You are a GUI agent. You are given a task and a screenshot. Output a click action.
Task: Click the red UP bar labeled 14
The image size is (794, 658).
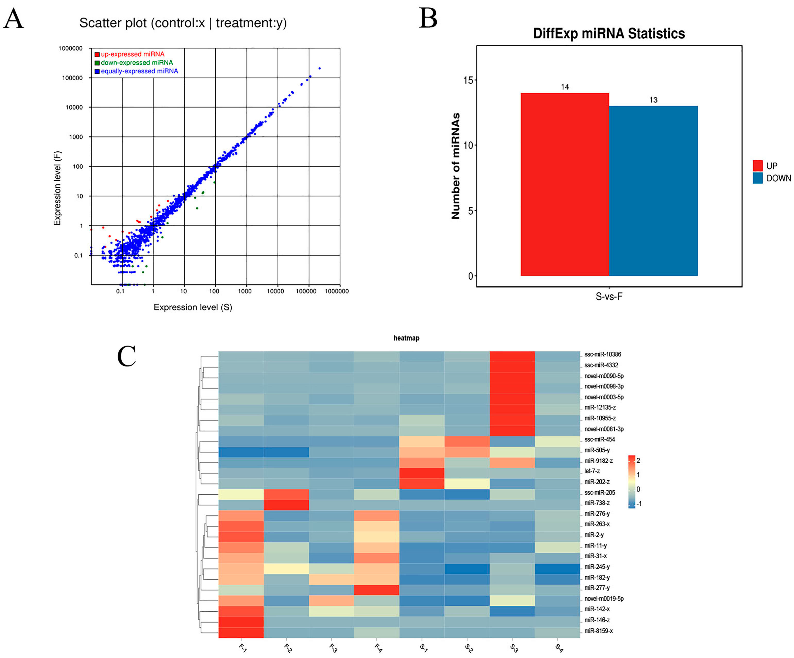tap(565, 184)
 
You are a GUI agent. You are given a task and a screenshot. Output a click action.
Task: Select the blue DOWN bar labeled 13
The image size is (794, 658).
tap(653, 191)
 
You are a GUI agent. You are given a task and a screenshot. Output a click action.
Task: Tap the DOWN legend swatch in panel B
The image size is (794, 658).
tap(757, 178)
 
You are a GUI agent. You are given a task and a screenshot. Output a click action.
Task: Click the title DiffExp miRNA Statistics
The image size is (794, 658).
tap(609, 34)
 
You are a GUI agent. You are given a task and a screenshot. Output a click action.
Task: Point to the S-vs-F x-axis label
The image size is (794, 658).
tap(609, 297)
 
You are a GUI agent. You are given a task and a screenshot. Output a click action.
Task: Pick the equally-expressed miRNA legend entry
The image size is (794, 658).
tap(139, 71)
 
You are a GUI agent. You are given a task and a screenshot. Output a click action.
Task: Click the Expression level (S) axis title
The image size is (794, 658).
tap(193, 307)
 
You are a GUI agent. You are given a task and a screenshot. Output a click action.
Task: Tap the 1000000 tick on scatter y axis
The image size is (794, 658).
tap(70, 48)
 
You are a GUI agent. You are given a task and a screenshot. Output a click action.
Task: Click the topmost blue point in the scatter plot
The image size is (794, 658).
tap(320, 68)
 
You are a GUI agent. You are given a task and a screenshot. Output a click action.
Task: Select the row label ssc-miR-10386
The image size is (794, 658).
tap(602, 354)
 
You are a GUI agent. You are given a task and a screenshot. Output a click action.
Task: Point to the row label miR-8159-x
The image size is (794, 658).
tap(598, 631)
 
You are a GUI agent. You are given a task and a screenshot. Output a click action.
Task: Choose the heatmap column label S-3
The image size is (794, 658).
tap(514, 648)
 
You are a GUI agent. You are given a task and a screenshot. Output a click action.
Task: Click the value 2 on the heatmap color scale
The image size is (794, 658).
tap(638, 460)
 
